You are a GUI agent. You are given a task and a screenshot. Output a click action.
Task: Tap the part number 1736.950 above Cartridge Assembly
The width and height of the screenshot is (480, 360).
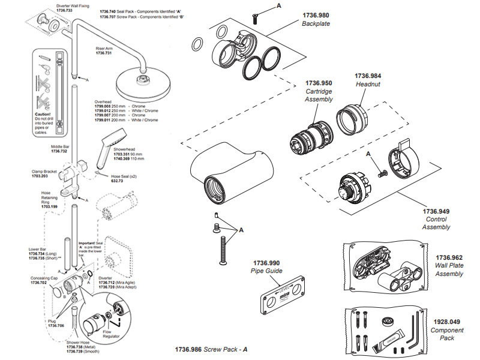319,83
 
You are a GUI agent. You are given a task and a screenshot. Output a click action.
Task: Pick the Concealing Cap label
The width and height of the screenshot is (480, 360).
44,278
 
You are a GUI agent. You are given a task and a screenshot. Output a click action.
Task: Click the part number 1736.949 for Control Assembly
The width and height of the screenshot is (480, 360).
436,211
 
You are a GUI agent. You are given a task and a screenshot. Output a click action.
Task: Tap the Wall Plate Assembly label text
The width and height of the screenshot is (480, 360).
449,269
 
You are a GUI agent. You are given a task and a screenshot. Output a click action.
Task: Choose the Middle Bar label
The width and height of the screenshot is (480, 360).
60,147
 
